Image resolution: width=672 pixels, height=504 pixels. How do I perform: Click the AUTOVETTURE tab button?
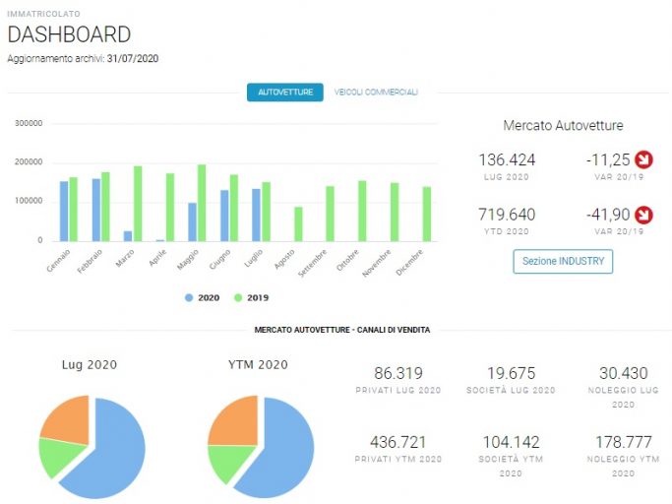[285, 93]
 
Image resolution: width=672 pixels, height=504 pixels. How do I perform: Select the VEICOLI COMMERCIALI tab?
[376, 93]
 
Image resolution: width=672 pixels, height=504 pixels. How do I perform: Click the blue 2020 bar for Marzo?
[128, 236]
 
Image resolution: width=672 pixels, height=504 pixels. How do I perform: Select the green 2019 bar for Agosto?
[298, 224]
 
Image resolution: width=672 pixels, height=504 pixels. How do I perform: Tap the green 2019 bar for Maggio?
[202, 203]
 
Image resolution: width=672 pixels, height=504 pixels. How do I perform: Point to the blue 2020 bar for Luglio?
[256, 215]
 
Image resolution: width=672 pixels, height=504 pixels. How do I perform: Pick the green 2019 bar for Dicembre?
[427, 214]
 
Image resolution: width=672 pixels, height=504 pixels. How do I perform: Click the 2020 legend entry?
[203, 297]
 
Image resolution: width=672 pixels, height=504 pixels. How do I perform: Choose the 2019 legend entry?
[251, 297]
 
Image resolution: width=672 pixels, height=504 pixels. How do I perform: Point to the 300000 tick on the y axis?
[29, 123]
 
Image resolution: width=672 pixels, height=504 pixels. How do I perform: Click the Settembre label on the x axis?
[313, 263]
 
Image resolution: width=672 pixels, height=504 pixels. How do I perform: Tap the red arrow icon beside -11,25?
[643, 159]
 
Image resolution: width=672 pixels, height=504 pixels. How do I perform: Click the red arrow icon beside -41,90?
[643, 215]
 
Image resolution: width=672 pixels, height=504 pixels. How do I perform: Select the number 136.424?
[507, 160]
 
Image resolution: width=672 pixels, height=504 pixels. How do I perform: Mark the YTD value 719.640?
[507, 215]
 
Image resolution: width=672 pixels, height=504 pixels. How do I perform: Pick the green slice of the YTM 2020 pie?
[227, 461]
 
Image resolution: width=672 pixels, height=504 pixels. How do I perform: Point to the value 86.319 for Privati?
[398, 373]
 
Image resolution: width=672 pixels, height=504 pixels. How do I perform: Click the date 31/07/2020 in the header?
[133, 58]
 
